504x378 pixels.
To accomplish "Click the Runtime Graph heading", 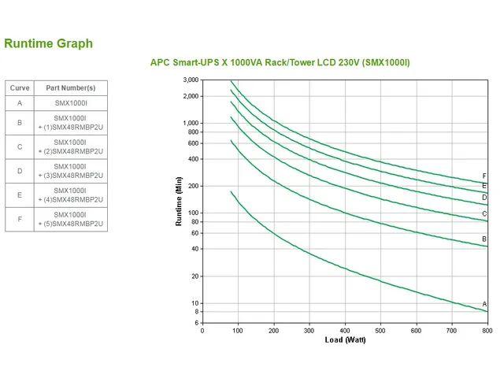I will click(x=48, y=44).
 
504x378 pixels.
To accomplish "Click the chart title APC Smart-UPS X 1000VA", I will click(x=280, y=62).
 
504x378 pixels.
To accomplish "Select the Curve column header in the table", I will click(x=19, y=87).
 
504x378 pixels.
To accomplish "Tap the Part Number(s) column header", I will click(x=70, y=87).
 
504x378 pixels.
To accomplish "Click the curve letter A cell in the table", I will click(x=19, y=103).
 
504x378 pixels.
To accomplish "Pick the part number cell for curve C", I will click(x=70, y=146).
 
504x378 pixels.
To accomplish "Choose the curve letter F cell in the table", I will click(x=19, y=218).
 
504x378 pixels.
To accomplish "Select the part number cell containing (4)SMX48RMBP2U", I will click(x=70, y=195).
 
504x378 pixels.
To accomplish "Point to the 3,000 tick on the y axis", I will click(x=191, y=80).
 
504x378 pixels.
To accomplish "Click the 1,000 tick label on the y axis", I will click(x=191, y=123).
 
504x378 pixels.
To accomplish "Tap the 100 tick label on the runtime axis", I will click(x=194, y=213).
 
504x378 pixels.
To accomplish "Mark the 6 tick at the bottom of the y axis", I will click(x=197, y=322).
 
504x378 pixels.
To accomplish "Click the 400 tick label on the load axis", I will click(x=345, y=331).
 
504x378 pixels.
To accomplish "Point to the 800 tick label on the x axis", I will click(x=487, y=331).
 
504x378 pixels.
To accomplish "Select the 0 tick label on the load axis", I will click(x=202, y=331).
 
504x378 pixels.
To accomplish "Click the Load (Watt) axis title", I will click(x=345, y=340).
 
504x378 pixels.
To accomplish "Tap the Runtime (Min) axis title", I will click(x=179, y=202).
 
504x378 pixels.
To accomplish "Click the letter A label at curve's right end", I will click(x=484, y=304).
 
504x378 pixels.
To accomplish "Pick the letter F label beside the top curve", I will click(x=484, y=176).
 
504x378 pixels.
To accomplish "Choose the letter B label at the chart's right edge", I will click(x=484, y=239).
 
